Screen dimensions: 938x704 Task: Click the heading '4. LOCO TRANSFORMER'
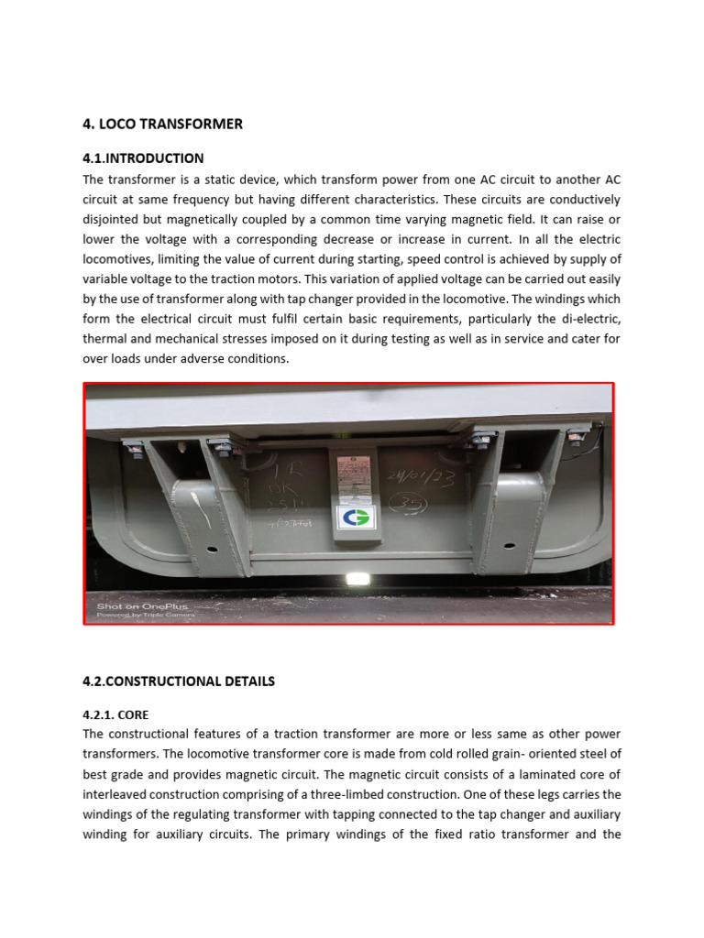162,124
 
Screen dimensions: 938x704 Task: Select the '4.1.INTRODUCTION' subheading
143,158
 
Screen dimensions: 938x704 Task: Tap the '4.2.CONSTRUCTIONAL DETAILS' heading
179,681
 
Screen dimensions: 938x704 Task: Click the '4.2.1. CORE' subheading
115,714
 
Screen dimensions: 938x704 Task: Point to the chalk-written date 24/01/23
421,477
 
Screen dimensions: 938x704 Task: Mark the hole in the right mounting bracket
494,550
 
